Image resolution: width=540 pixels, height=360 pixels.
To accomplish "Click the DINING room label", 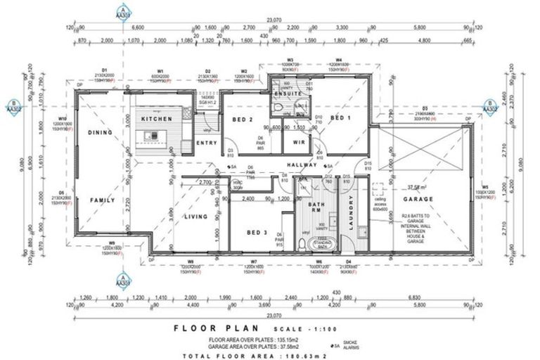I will tap(100, 132).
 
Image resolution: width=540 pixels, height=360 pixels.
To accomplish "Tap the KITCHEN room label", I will tap(157, 120).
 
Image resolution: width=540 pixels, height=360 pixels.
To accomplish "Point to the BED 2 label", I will tap(243, 120).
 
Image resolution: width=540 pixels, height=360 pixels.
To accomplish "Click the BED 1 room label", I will tap(340, 117).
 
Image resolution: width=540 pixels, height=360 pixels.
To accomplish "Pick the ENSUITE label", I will tap(288, 93).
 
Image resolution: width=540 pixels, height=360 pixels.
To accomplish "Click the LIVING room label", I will tap(195, 217).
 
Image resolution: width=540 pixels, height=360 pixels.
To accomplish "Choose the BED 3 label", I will tap(257, 232).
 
